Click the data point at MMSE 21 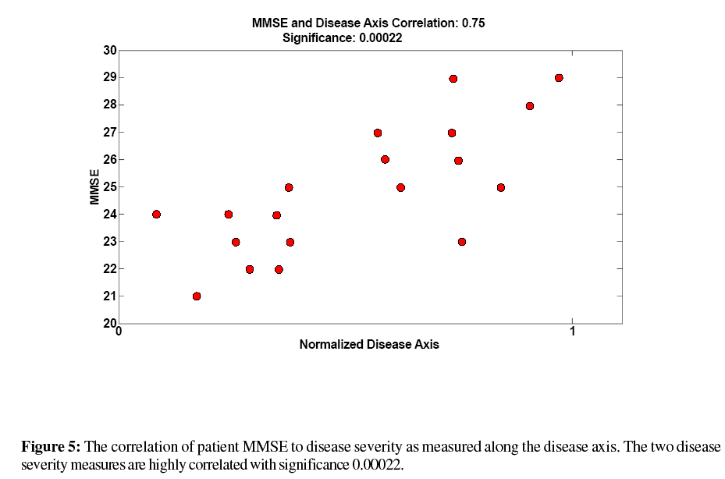(197, 296)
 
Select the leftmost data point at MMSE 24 (156, 215)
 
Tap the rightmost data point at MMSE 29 (559, 78)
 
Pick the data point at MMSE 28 (530, 106)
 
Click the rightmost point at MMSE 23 (462, 242)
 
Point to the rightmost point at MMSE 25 (501, 187)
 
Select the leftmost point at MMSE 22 (250, 269)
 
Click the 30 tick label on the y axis (110, 51)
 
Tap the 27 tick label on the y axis (110, 133)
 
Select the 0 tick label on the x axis (119, 331)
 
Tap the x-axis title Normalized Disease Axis (369, 345)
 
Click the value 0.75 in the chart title (473, 23)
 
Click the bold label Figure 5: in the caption (51, 447)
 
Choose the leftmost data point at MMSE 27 (378, 133)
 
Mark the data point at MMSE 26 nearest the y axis (385, 159)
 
